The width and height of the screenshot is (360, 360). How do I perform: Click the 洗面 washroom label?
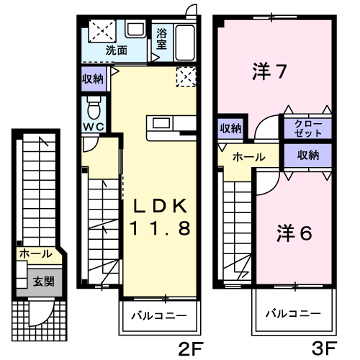(x=117, y=50)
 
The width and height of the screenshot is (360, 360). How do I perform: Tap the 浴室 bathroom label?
(x=161, y=38)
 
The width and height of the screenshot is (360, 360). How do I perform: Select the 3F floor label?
(x=324, y=348)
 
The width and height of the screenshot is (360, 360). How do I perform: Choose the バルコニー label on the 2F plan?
(x=158, y=315)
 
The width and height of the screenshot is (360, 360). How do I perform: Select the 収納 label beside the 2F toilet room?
(x=94, y=78)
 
